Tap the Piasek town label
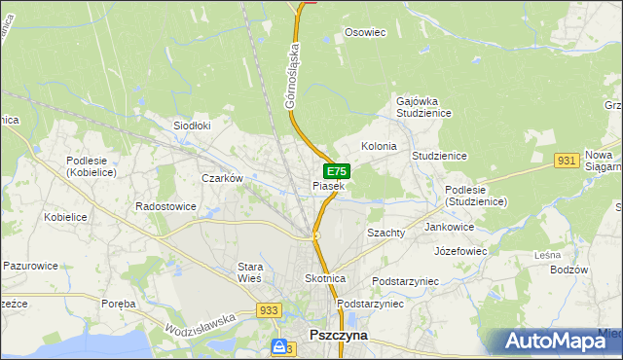(328, 185)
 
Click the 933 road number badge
(272, 310)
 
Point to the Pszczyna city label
(338, 334)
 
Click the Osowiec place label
(366, 32)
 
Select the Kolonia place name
(379, 146)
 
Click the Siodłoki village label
(192, 126)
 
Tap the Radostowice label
(165, 206)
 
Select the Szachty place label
(386, 234)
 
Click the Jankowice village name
(449, 227)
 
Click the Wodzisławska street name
(203, 320)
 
